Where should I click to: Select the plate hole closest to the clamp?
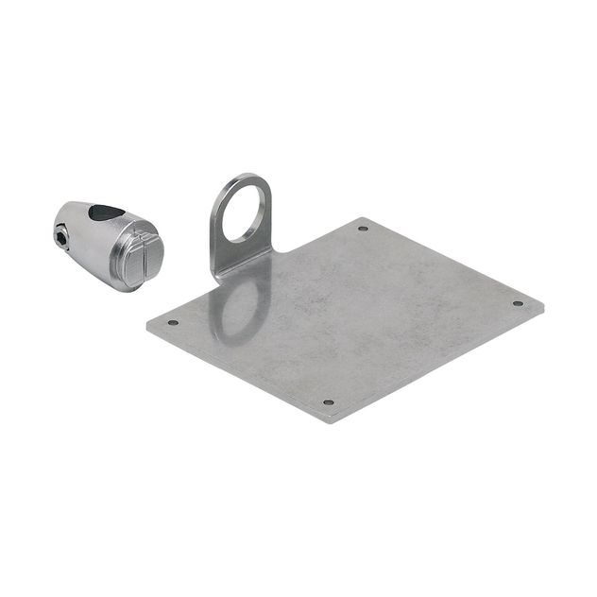(173, 322)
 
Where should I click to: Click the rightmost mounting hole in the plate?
(517, 303)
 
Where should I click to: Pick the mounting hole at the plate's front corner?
(328, 402)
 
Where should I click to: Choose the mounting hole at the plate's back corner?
(363, 228)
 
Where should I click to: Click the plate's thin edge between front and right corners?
(439, 366)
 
